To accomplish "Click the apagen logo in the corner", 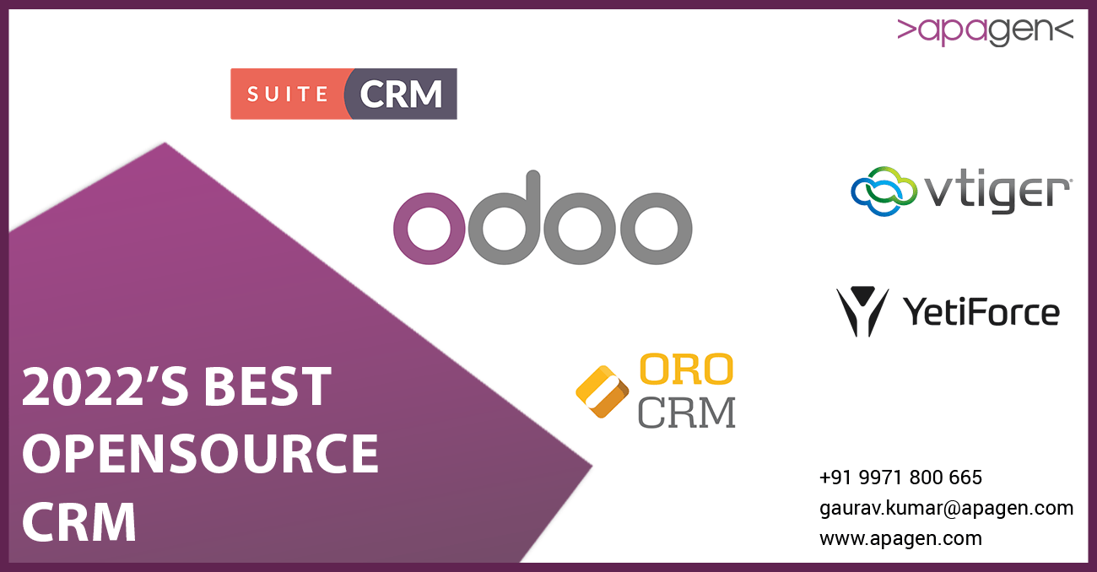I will (985, 30).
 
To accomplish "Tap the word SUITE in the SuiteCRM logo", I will (287, 94).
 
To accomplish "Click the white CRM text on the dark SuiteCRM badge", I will (401, 94).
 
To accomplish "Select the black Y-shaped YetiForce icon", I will (862, 311).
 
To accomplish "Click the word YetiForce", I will (981, 312).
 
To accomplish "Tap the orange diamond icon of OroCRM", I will (603, 391).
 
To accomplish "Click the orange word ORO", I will (686, 369).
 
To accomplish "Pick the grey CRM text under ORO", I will (686, 412).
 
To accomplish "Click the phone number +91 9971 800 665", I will (900, 478).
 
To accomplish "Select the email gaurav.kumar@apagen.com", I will (946, 508).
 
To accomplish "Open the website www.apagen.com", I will (900, 538).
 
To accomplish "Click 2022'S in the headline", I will (105, 387).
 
